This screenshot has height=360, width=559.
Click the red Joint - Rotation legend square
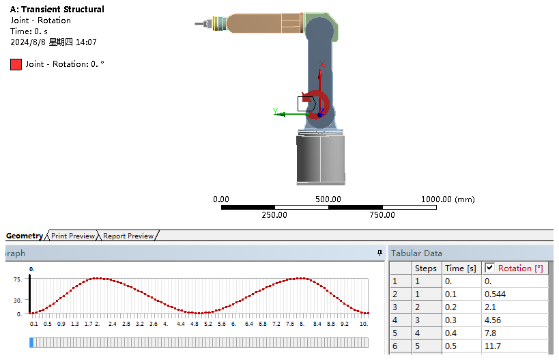pyautogui.click(x=16, y=65)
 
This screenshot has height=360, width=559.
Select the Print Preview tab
pyautogui.click(x=73, y=236)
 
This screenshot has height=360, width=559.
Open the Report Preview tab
pyautogui.click(x=128, y=236)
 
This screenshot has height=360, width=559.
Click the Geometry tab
pyautogui.click(x=25, y=236)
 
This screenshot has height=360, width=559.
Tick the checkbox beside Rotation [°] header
pyautogui.click(x=490, y=268)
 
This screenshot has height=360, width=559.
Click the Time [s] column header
pyautogui.click(x=461, y=268)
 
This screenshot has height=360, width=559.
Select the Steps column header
pyautogui.click(x=426, y=268)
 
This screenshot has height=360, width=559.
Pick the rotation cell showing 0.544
pyautogui.click(x=495, y=294)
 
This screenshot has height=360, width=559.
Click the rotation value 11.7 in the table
pyautogui.click(x=492, y=346)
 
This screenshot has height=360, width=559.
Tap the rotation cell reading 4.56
pyautogui.click(x=492, y=320)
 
